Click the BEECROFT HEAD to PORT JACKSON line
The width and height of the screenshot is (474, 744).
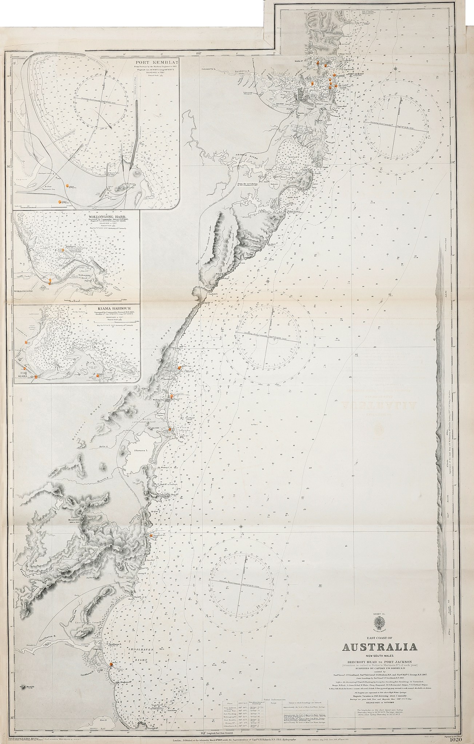point(378,661)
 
